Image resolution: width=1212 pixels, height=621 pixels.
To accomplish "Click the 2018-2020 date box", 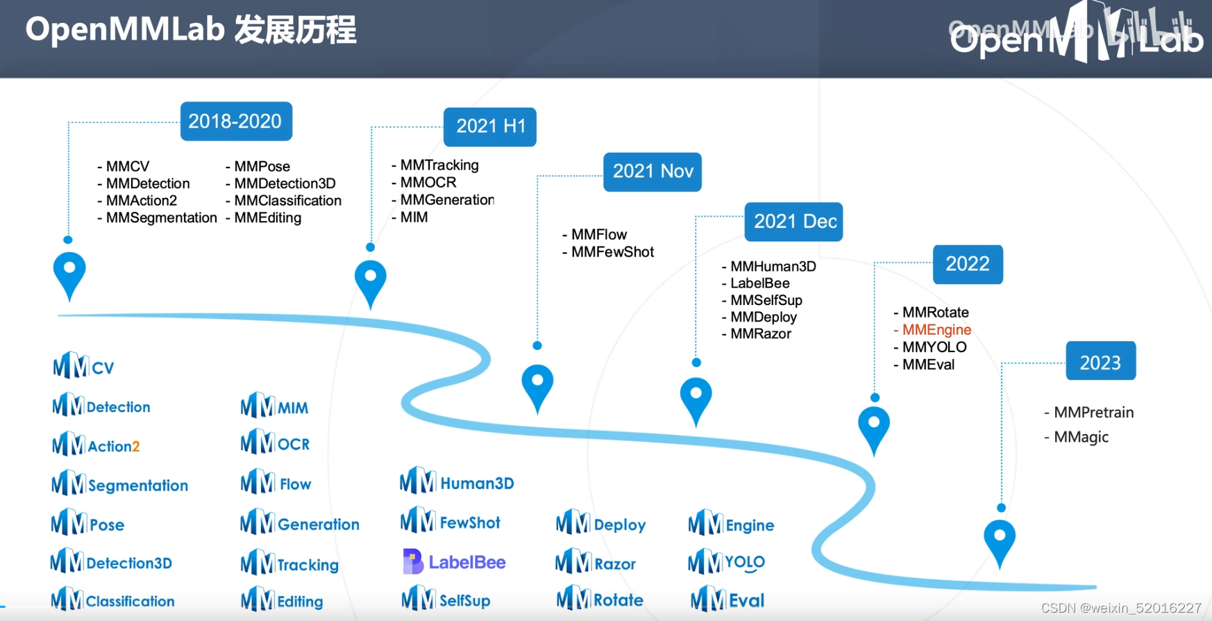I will (x=235, y=122).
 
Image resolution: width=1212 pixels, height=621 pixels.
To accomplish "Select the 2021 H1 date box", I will (x=490, y=126).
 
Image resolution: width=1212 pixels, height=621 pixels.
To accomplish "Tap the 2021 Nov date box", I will (x=652, y=172).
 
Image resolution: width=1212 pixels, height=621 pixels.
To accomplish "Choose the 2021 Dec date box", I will (x=793, y=222).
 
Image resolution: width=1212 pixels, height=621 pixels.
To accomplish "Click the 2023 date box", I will (x=1100, y=361).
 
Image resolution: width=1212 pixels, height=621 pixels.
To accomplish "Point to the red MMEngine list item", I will (x=936, y=330).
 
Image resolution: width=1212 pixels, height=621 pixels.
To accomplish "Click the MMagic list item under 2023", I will (x=1080, y=437).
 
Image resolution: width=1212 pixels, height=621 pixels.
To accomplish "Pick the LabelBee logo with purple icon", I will (x=454, y=562).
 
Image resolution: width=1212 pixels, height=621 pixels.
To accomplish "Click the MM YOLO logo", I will (x=726, y=562).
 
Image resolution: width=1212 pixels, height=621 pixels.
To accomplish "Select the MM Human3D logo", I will (x=457, y=482).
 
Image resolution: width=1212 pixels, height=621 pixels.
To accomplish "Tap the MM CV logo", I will (x=83, y=366).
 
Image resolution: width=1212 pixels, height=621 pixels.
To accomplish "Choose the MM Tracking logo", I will (x=289, y=564).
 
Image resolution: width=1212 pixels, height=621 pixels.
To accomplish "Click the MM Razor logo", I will (x=596, y=563).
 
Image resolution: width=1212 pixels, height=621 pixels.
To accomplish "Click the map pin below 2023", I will (x=1000, y=541).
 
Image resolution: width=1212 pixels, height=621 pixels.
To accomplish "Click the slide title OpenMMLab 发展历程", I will (x=191, y=31).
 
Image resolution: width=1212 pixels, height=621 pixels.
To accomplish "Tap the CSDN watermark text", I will (x=1120, y=608).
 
